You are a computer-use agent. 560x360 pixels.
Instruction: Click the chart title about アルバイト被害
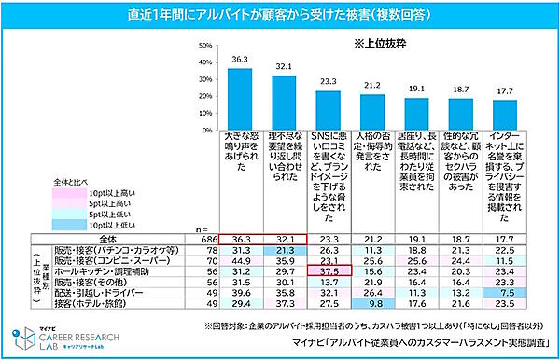pos(280,15)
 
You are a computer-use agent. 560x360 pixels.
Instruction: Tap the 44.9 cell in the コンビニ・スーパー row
pos(240,261)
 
